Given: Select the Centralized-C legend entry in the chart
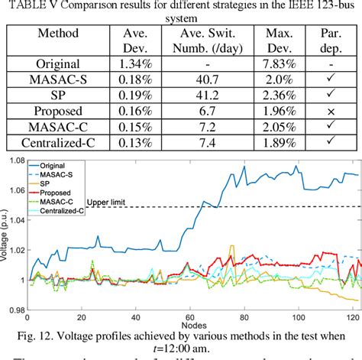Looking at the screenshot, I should pos(75,209).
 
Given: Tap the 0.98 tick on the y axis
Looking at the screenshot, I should pos(15,310).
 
